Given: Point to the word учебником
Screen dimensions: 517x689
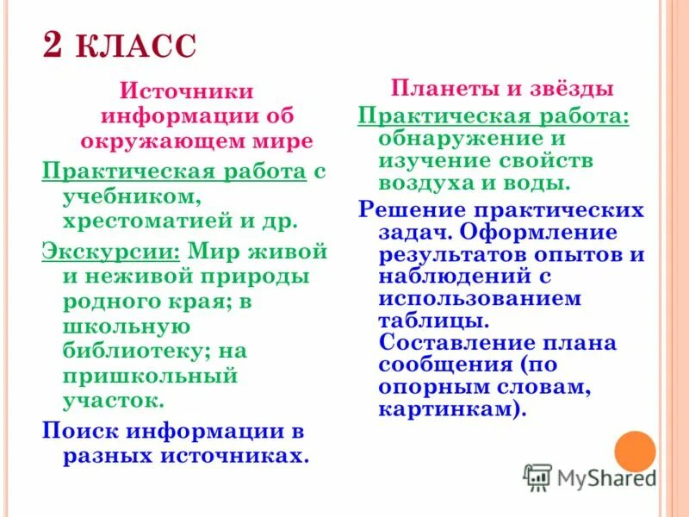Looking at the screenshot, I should [130, 196].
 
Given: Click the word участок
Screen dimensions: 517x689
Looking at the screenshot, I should [113, 401].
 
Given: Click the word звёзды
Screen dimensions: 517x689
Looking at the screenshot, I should [566, 89].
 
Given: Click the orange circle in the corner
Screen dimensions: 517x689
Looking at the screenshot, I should [636, 451].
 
